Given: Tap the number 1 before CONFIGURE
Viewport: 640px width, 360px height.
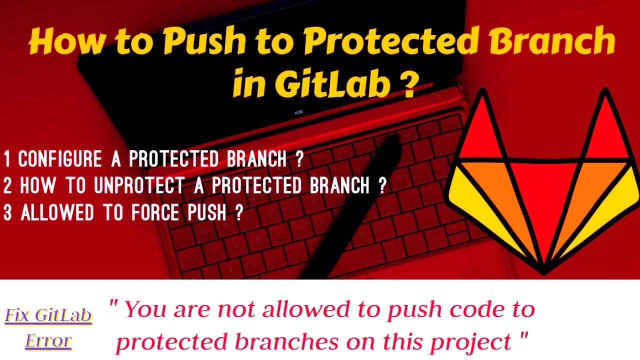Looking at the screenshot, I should tap(7, 159).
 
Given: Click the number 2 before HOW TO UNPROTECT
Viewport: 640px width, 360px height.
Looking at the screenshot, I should tap(7, 185).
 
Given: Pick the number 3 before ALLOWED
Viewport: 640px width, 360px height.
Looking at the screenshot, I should tap(7, 212).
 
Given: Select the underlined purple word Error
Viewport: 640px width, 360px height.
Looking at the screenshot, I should tap(48, 340).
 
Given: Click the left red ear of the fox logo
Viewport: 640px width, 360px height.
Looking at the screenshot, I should tap(480, 130).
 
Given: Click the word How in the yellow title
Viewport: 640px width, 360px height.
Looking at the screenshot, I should tap(63, 43).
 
